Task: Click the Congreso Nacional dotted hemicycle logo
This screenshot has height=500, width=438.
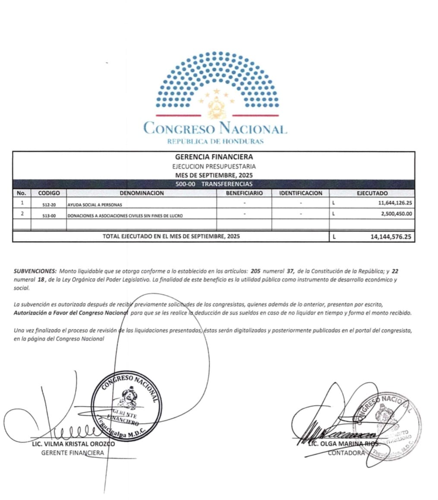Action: [217, 85]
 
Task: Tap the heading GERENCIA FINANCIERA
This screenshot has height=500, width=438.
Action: [214, 157]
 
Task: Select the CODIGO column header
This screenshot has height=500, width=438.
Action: [49, 193]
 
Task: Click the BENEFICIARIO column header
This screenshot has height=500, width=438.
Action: [244, 193]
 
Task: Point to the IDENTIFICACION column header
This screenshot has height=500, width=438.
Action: [300, 193]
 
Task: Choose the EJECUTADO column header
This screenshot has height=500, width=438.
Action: [372, 193]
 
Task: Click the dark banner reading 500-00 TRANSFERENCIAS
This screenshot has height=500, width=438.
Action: [214, 184]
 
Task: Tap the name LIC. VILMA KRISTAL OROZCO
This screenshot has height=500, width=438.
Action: [73, 444]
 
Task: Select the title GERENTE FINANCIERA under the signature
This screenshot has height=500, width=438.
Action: [72, 453]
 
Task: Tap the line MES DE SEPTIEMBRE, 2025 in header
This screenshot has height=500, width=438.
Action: [214, 176]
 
